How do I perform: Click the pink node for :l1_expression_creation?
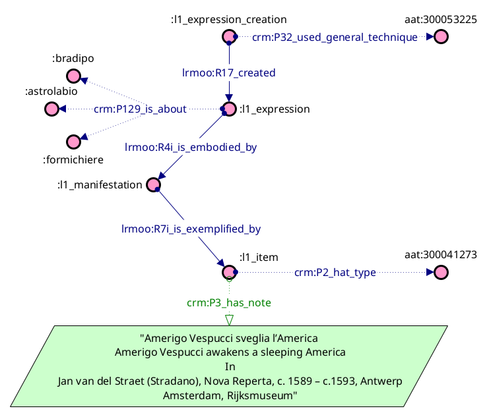click(x=229, y=37)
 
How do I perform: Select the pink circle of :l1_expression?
click(x=229, y=109)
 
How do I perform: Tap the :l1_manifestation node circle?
click(x=154, y=184)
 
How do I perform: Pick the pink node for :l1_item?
click(x=229, y=272)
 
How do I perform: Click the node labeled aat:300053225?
click(x=441, y=37)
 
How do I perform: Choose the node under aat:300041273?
click(x=441, y=272)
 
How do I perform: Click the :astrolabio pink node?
click(x=51, y=109)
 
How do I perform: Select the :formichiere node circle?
click(x=73, y=141)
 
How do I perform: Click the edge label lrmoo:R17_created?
click(x=229, y=72)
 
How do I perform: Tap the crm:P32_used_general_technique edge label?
click(x=335, y=38)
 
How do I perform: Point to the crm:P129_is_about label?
click(x=140, y=109)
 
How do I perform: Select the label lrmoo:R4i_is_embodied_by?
click(x=191, y=148)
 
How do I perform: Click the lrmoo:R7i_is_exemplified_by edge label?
click(x=191, y=229)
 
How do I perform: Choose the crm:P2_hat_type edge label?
click(x=335, y=272)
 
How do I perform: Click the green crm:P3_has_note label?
click(x=229, y=302)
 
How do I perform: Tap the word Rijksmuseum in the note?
click(x=264, y=396)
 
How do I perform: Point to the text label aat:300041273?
click(x=440, y=254)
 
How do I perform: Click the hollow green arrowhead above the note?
click(x=229, y=320)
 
